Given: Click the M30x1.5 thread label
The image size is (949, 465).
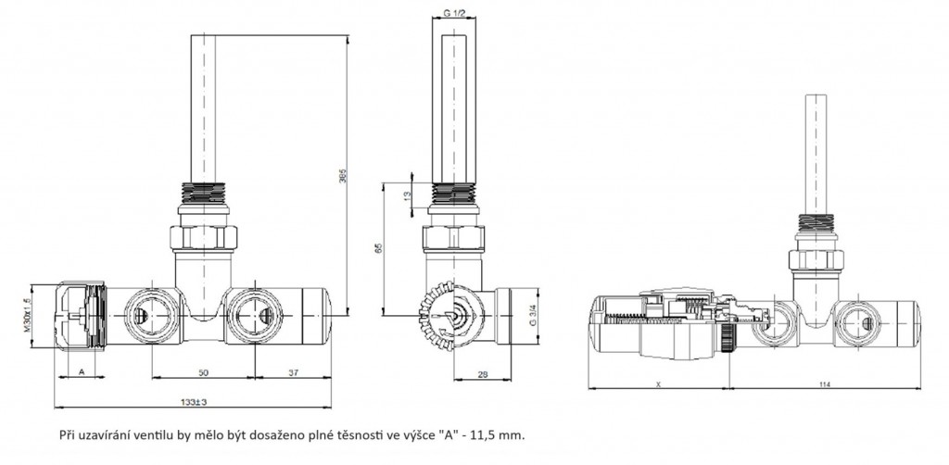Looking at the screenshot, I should pyautogui.click(x=28, y=317).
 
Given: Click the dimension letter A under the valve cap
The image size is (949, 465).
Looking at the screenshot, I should pyautogui.click(x=82, y=371).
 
